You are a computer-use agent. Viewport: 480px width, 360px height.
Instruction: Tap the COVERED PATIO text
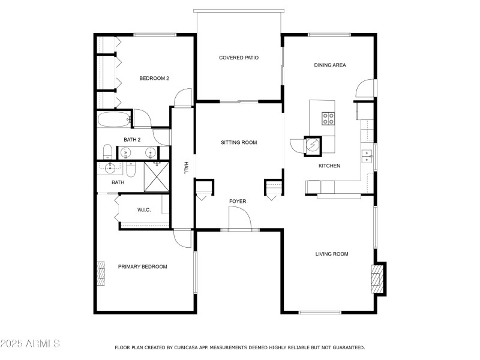238,58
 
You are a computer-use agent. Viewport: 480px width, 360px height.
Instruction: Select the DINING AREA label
330,65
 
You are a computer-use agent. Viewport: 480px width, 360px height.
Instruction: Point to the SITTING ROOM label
239,142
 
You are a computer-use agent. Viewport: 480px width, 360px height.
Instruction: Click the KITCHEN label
329,166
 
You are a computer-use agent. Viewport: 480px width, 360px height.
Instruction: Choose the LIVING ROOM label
332,254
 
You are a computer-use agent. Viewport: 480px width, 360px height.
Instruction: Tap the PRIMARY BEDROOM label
142,266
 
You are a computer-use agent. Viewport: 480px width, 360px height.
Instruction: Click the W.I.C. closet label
144,210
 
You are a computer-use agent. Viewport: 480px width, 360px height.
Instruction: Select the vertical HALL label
187,167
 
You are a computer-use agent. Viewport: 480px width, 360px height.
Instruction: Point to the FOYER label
237,201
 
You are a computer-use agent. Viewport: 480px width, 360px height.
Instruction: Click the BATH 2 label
132,140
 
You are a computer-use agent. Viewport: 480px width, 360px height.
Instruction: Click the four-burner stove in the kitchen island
328,118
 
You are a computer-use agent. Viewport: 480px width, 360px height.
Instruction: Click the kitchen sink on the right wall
366,157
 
